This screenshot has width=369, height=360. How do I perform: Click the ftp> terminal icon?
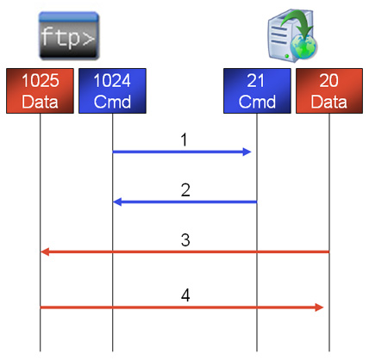[x=69, y=35]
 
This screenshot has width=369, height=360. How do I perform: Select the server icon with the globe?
[x=292, y=35]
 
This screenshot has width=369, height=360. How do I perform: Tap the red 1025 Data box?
[x=40, y=90]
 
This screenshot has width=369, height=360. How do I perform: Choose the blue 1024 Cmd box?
[x=112, y=90]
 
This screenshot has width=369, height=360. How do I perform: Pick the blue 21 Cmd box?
[x=257, y=90]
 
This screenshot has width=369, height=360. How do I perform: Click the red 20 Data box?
[x=329, y=90]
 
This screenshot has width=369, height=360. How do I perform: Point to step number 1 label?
[x=184, y=140]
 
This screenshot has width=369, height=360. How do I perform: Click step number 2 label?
[x=185, y=189]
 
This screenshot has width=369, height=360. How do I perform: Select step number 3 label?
[x=185, y=240]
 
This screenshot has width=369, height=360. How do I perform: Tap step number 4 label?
[x=185, y=295]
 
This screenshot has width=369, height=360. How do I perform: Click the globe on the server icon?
[x=303, y=47]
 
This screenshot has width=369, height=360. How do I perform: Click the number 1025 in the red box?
[x=41, y=80]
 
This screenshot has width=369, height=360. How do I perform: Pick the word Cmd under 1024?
[x=112, y=102]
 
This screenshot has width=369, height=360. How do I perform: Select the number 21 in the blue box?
[x=255, y=80]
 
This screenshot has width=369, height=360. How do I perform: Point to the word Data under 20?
[x=329, y=102]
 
